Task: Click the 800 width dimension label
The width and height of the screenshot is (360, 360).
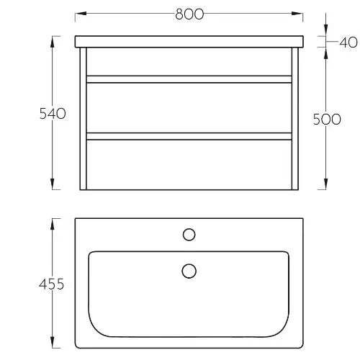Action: (x=189, y=14)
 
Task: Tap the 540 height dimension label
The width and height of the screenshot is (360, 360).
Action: (x=53, y=114)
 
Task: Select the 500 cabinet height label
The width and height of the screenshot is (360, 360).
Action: (x=327, y=119)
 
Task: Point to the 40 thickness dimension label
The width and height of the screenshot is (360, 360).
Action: (x=348, y=42)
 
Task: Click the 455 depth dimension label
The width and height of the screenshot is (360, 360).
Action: (x=52, y=284)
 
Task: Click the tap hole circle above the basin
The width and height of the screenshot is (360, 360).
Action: (x=189, y=235)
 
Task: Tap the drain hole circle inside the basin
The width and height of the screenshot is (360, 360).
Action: (x=189, y=271)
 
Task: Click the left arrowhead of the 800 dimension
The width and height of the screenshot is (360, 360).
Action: (x=81, y=13)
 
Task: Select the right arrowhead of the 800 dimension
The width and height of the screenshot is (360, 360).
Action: (x=297, y=13)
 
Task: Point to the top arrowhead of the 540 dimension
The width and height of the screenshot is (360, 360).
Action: (x=53, y=42)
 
